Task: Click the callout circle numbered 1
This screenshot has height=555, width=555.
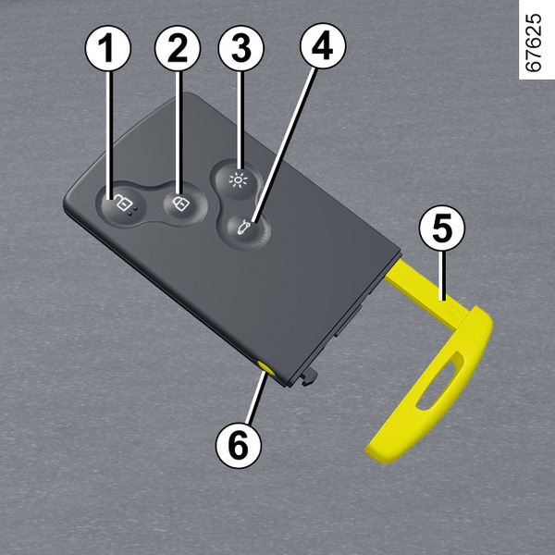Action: coord(108,48)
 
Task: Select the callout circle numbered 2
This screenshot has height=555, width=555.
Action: coord(178,48)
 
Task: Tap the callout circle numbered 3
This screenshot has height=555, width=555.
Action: coord(241,48)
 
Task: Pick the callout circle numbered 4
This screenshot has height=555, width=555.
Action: coord(323,46)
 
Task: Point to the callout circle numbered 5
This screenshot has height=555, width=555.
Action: coord(442,228)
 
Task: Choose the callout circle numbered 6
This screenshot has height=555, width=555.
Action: coord(239,445)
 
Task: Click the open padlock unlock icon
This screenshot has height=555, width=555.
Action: coord(122,204)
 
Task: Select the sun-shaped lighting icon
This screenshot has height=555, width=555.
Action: coord(239,180)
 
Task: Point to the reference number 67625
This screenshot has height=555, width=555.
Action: coord(534,43)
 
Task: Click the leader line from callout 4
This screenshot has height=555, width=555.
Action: coord(284,145)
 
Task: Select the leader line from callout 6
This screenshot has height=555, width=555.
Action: coord(256,397)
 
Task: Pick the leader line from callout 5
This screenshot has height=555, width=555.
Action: coord(441,276)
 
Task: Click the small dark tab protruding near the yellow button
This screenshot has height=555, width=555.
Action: coord(309,376)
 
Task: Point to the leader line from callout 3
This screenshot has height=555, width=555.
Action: coord(240,119)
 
